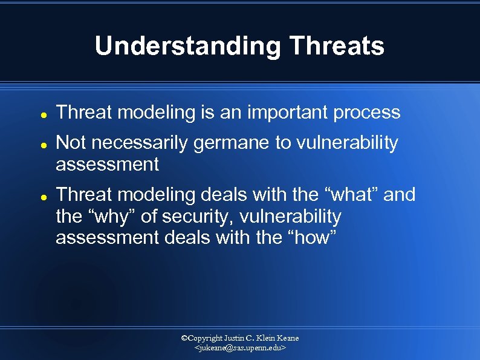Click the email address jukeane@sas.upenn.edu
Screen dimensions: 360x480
(240, 349)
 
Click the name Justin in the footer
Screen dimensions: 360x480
(235, 338)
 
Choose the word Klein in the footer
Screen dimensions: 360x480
(265, 338)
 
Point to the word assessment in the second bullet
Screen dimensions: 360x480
(107, 165)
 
